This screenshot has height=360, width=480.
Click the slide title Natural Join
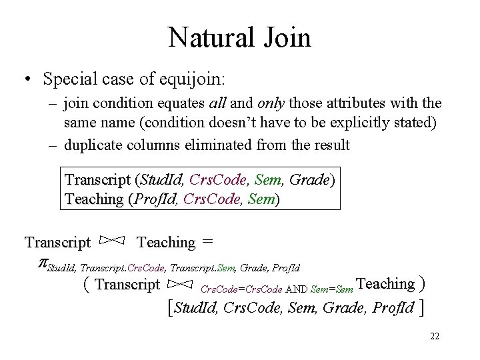[x=239, y=37]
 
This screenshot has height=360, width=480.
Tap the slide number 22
[x=435, y=336]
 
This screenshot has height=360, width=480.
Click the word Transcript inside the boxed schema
[x=98, y=180]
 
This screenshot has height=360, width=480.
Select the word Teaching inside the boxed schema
[x=94, y=199]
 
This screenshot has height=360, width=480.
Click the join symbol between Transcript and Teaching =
[x=113, y=241]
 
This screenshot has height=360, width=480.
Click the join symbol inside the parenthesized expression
[x=180, y=285]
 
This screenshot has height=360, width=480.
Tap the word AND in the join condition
[x=297, y=289]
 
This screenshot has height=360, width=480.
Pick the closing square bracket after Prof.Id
[x=423, y=308]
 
